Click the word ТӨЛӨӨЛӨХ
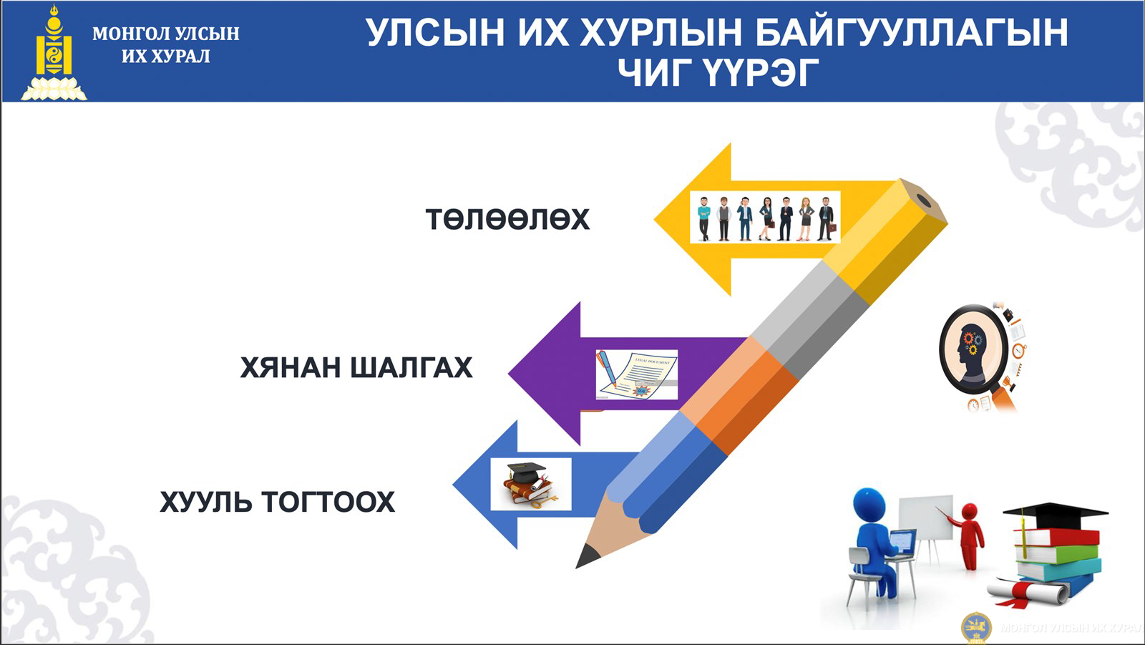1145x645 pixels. pos(507,219)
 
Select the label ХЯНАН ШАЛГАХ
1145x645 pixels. pos(356,367)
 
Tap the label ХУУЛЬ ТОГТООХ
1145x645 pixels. pos(278,501)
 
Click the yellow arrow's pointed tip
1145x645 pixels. pos(655,219)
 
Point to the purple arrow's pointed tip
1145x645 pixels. pos(509,373)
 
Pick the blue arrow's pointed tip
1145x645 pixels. pos(454,485)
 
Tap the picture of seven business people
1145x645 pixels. pos(765,218)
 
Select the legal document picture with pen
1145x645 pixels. pos(636,374)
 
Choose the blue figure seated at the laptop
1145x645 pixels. pos(877,542)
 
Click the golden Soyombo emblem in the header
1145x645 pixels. pos(54,52)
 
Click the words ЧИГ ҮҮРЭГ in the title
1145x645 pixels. pos(718,72)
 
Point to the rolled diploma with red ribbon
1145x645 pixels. pos(1028,592)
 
